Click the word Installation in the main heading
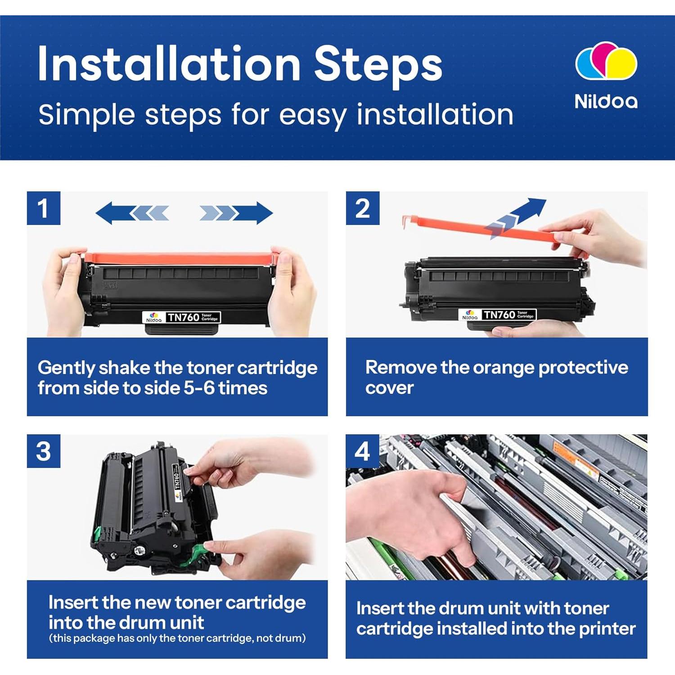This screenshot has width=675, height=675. [x=169, y=63]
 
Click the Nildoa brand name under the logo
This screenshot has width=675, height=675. [x=606, y=101]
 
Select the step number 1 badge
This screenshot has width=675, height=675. [x=44, y=208]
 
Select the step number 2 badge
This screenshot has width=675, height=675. [x=363, y=208]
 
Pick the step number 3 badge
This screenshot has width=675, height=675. [x=44, y=451]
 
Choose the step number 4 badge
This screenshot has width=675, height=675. [x=363, y=451]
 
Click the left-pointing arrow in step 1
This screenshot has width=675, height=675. [x=132, y=213]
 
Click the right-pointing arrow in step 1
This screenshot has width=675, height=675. [x=236, y=213]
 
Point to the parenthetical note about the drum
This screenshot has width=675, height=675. [x=177, y=638]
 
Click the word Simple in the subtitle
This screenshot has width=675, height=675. [x=87, y=115]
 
